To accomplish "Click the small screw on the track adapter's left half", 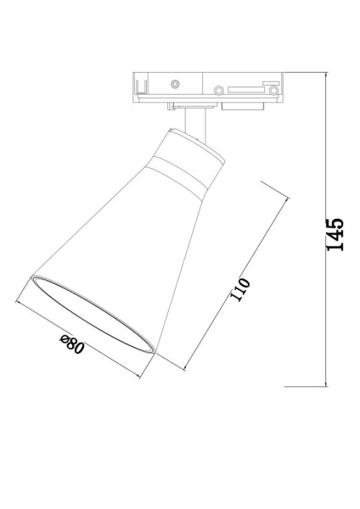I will click(175, 84).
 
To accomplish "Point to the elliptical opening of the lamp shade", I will click(93, 315).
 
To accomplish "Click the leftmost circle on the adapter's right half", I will click(220, 89).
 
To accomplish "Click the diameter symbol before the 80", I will click(65, 340).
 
